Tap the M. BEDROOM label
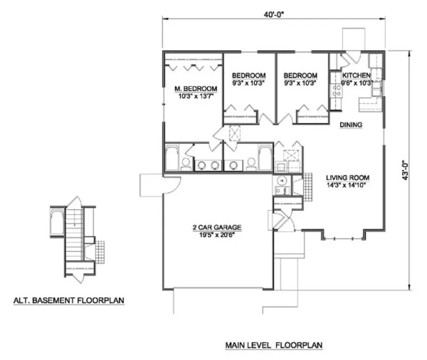[195, 89]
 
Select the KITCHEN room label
[356, 75]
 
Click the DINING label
[351, 125]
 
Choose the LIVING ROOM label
[348, 177]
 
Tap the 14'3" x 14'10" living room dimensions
[347, 185]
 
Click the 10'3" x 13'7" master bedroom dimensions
[195, 97]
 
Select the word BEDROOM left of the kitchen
[300, 75]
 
